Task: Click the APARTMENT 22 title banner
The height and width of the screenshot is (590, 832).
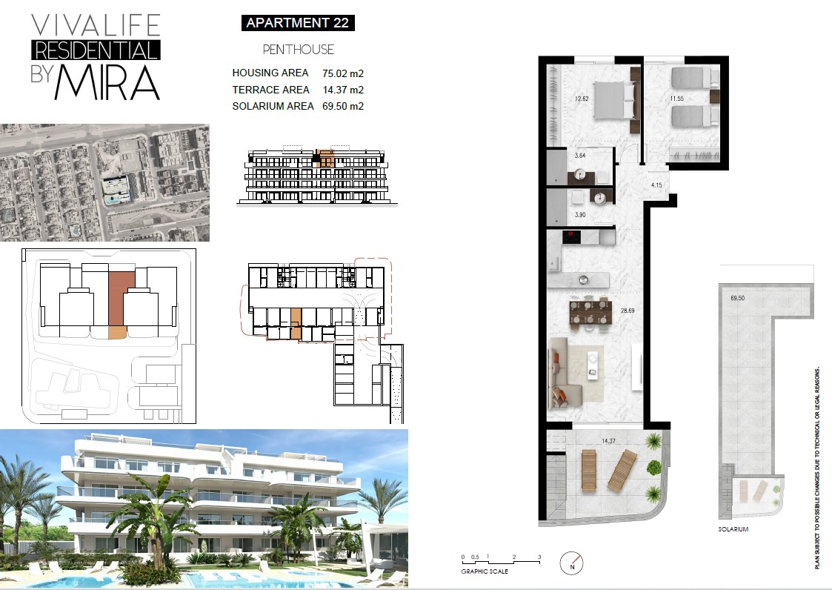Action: point(298,23)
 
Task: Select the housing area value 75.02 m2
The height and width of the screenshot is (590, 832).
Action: point(343,73)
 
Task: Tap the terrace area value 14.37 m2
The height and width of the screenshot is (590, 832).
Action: point(343,90)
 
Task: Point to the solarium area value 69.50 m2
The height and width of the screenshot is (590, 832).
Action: point(343,106)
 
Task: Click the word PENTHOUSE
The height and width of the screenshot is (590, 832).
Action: point(299,50)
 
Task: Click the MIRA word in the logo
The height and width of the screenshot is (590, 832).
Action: point(107,83)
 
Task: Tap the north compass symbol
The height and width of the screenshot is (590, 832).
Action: point(572,563)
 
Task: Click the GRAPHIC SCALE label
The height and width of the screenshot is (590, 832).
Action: point(485,571)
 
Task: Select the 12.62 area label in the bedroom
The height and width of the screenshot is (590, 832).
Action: point(582,99)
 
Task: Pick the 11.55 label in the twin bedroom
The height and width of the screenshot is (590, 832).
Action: point(676,99)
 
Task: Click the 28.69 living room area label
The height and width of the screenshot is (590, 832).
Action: point(628,311)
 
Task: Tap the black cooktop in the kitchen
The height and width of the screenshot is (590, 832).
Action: point(571,236)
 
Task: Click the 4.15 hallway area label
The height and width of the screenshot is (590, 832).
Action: point(656,185)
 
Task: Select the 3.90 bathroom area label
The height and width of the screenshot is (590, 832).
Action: point(580,215)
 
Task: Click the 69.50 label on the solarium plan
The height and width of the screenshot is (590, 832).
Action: point(738,299)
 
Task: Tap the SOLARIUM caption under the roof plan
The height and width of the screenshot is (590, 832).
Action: point(733,529)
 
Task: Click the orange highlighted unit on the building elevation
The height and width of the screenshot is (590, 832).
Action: point(325,159)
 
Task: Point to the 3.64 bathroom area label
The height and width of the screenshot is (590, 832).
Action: point(580,156)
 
